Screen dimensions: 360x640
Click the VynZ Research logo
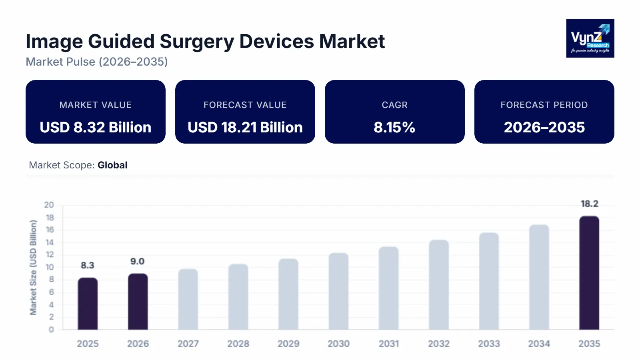[x=590, y=38]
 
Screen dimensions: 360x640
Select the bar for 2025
[x=88, y=304]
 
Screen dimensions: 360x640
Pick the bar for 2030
[x=338, y=292]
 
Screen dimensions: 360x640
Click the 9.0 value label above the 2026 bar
[x=137, y=262]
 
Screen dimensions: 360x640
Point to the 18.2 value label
[x=589, y=204]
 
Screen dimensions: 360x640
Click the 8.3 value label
[x=87, y=266]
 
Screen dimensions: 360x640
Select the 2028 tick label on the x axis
[x=238, y=344]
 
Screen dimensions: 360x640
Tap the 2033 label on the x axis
[x=489, y=344]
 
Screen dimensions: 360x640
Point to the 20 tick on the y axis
[x=49, y=205]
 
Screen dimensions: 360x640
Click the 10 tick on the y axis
[x=49, y=267]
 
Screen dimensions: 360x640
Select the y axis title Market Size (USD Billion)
[x=33, y=268]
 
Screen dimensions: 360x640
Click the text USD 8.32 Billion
[x=96, y=128]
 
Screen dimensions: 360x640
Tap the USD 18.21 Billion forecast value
[x=245, y=128]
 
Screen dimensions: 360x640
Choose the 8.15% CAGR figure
[x=394, y=128]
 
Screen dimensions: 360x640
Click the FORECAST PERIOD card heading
[x=544, y=105]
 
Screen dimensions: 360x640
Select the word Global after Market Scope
[x=112, y=165]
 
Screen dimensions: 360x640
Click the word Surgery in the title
[x=197, y=42]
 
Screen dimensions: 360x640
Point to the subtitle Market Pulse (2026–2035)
[x=97, y=62]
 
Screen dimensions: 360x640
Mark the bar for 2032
[x=439, y=285]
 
